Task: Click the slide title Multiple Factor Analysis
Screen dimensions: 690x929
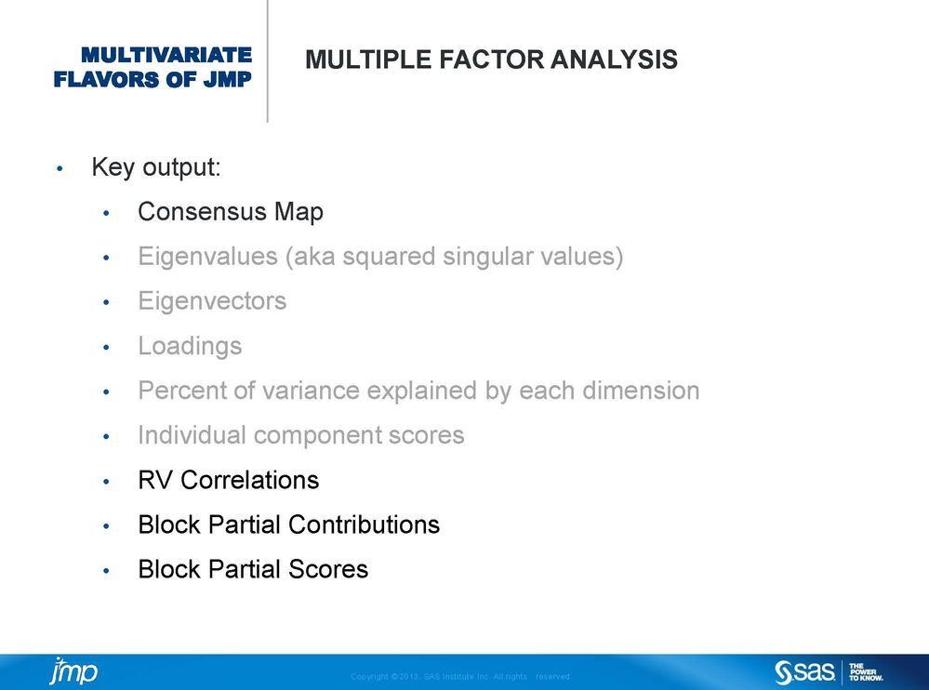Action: [491, 61]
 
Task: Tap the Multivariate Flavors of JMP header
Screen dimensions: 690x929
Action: [153, 67]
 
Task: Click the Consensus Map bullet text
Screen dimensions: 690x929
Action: [231, 212]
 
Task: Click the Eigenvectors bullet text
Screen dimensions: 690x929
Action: [212, 301]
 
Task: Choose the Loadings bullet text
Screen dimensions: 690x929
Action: [190, 346]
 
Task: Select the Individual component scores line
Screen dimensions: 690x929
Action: [300, 435]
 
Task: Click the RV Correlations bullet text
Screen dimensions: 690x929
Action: [228, 480]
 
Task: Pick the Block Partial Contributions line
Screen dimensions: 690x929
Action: [288, 524]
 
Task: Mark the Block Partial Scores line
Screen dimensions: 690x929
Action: [253, 569]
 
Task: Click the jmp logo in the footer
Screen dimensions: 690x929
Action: [73, 670]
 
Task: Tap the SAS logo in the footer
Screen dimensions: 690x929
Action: [804, 671]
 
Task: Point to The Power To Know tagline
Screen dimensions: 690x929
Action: [866, 671]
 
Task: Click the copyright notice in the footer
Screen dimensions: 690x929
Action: [459, 677]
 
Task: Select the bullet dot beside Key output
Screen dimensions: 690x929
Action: [60, 169]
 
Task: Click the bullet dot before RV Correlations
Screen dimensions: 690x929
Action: [107, 482]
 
